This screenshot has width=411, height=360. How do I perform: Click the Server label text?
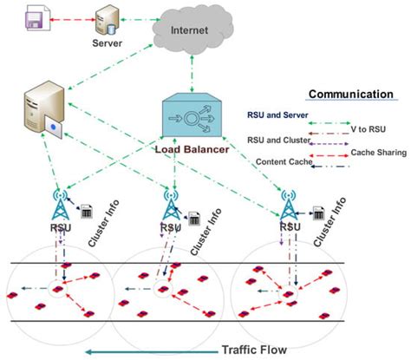[x=108, y=42]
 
